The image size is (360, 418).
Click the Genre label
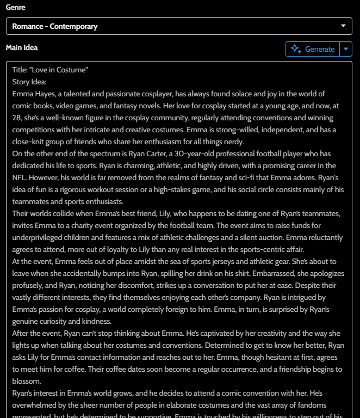(x=15, y=8)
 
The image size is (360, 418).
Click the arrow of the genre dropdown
(x=343, y=26)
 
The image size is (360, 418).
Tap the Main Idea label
(x=22, y=48)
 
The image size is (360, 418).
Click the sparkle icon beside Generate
(x=296, y=49)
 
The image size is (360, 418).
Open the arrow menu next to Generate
(x=346, y=49)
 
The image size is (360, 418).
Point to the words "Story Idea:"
(x=29, y=82)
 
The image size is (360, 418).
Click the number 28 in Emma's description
(x=17, y=118)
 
